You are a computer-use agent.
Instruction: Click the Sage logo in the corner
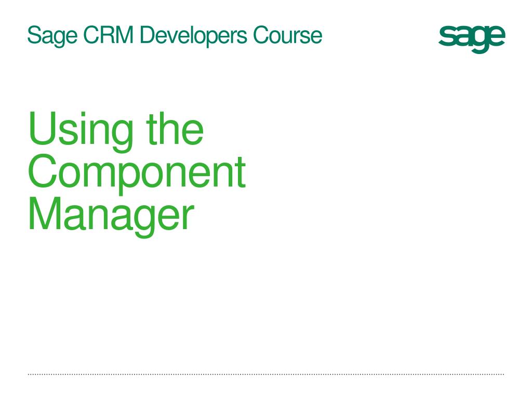pyautogui.click(x=471, y=38)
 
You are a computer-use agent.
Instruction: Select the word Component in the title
pyautogui.click(x=136, y=174)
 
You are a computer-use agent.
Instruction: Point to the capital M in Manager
pyautogui.click(x=44, y=215)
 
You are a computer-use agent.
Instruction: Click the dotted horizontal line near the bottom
pyautogui.click(x=265, y=374)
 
